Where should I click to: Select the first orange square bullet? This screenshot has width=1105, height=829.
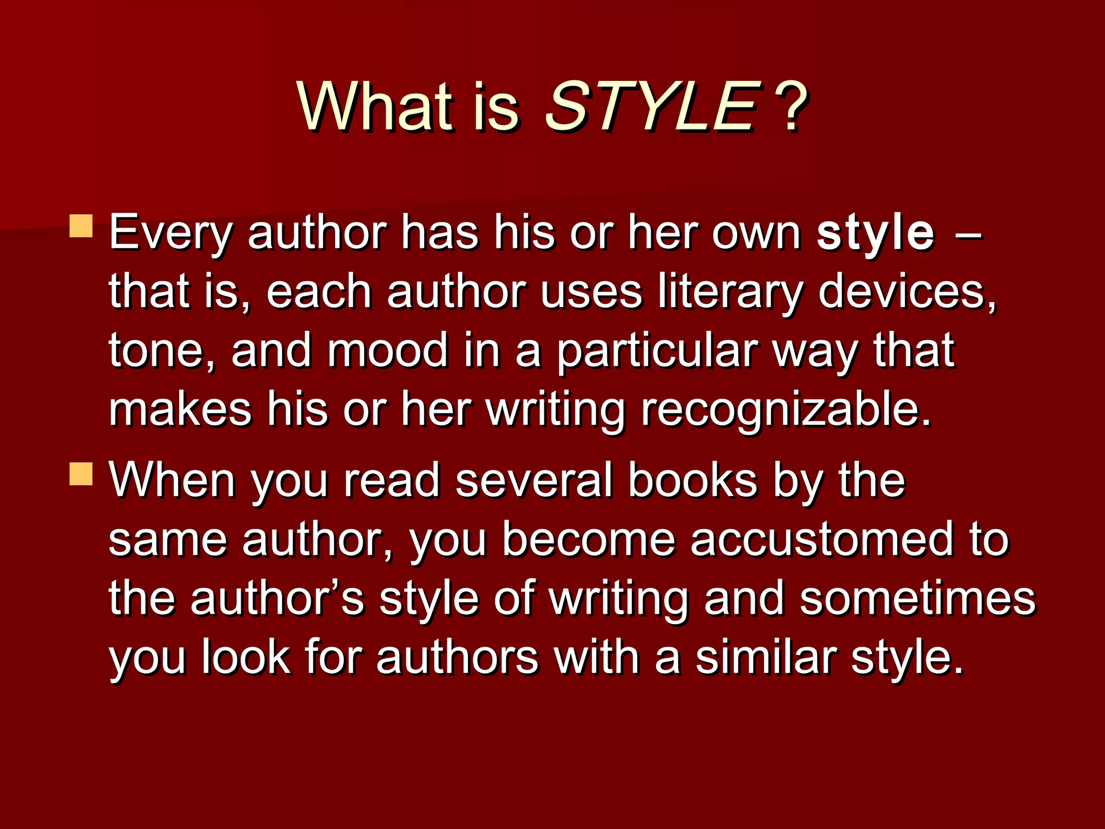pos(81,226)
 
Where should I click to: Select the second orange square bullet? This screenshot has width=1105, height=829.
pos(81,473)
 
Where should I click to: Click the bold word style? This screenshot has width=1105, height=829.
pos(875,233)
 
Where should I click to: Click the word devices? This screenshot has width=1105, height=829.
pos(906,293)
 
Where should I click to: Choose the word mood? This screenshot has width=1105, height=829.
pos(387,351)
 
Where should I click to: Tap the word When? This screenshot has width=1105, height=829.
pos(172,480)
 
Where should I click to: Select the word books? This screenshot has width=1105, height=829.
pos(693,480)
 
